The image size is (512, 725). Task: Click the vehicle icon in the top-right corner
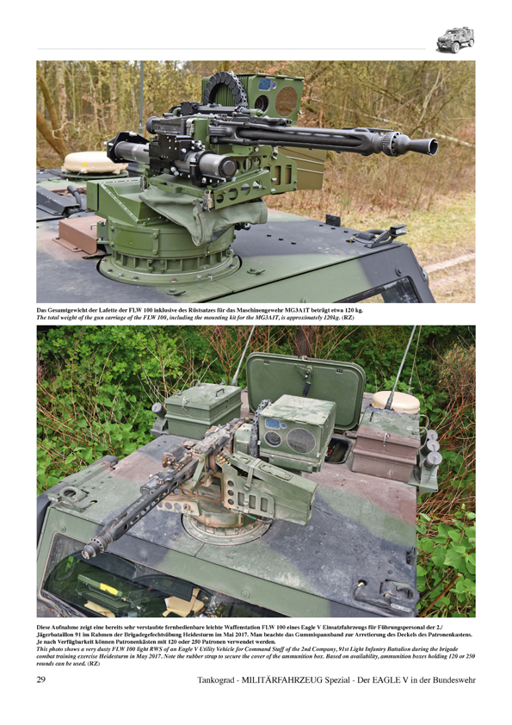(x=455, y=40)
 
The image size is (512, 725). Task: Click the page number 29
(x=40, y=679)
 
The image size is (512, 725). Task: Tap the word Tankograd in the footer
(x=217, y=679)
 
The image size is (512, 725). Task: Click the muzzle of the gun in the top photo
(x=428, y=146)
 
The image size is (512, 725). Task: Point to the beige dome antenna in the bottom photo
(x=396, y=401)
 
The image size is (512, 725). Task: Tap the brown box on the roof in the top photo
(x=78, y=234)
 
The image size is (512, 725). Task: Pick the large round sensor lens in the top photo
(x=287, y=101)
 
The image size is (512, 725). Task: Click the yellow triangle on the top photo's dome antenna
(x=84, y=164)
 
